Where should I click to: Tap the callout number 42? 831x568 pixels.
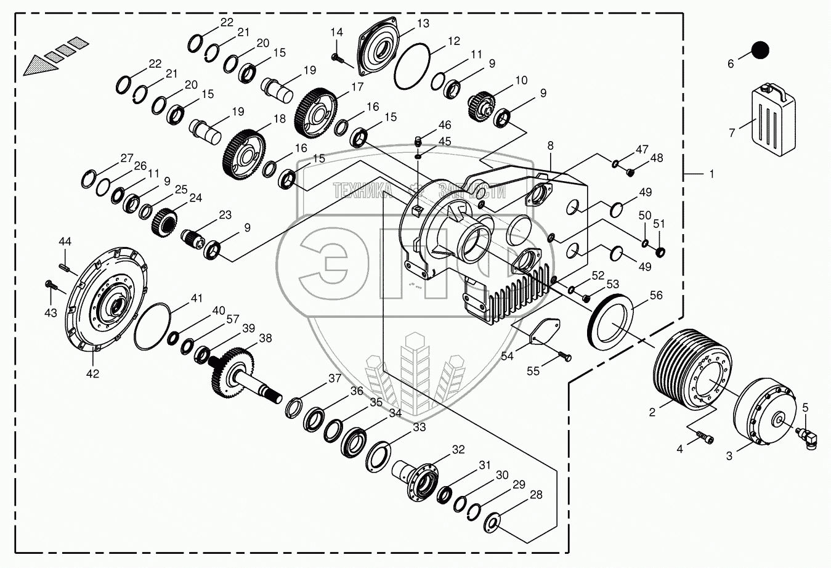click(x=92, y=373)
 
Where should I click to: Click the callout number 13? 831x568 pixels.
click(x=423, y=24)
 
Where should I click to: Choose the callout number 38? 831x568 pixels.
click(x=266, y=338)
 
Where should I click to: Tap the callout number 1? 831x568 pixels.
click(x=711, y=174)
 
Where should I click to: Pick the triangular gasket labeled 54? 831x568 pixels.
click(x=543, y=330)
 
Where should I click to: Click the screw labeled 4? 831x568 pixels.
click(x=705, y=437)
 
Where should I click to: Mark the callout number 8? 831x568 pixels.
click(x=550, y=146)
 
